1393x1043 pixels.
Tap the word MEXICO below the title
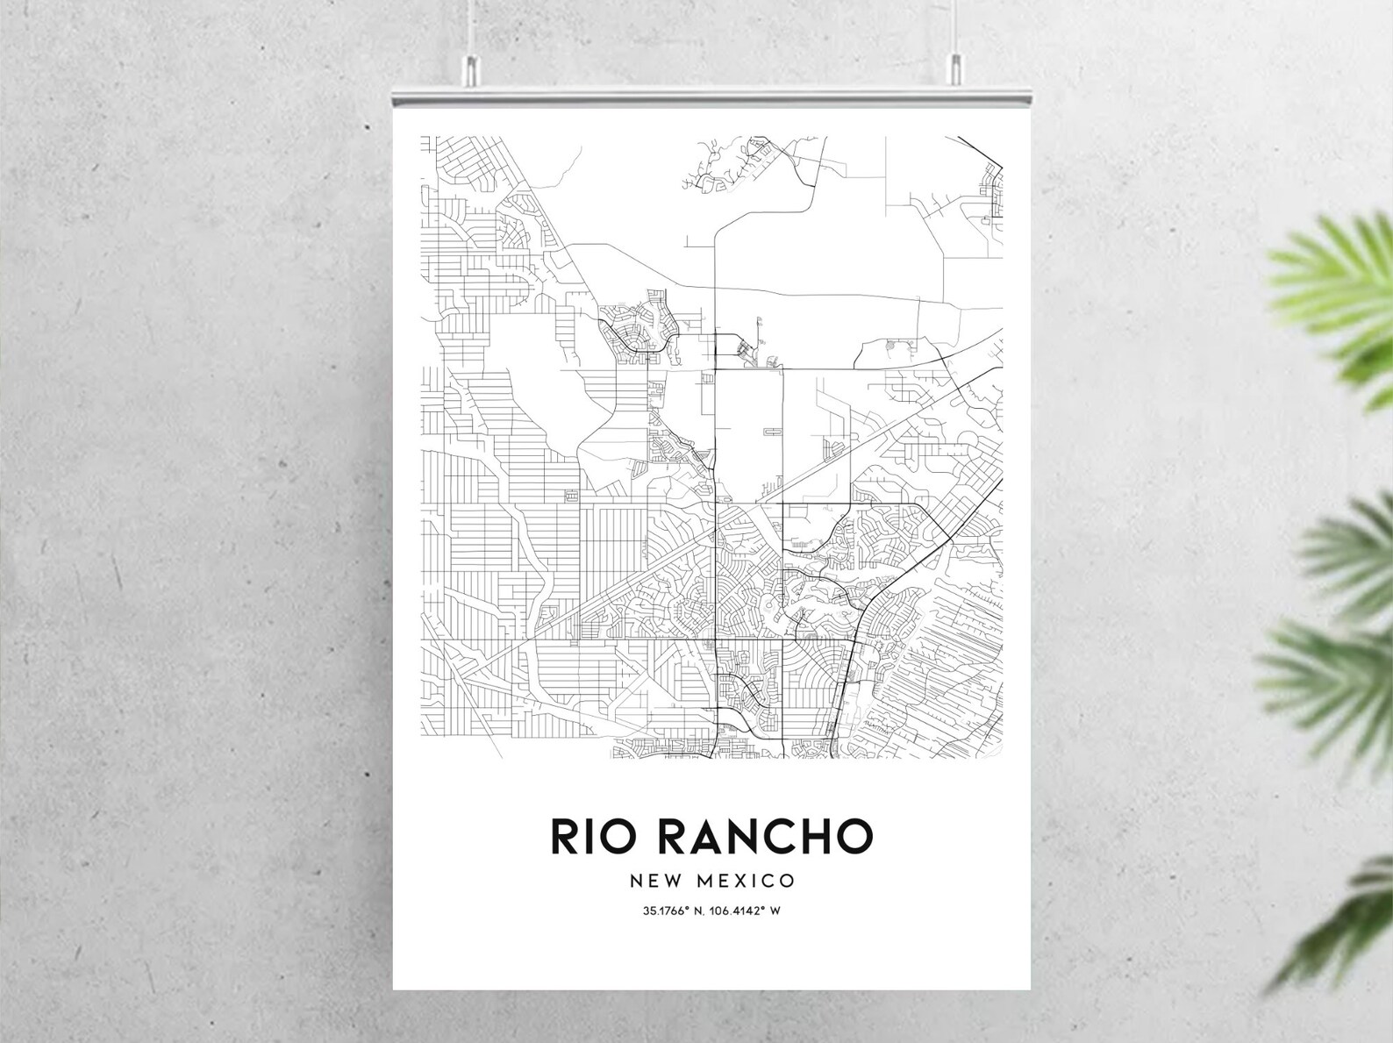coord(746,880)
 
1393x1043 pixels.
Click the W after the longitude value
coord(775,911)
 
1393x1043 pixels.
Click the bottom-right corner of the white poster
coord(1031,989)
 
